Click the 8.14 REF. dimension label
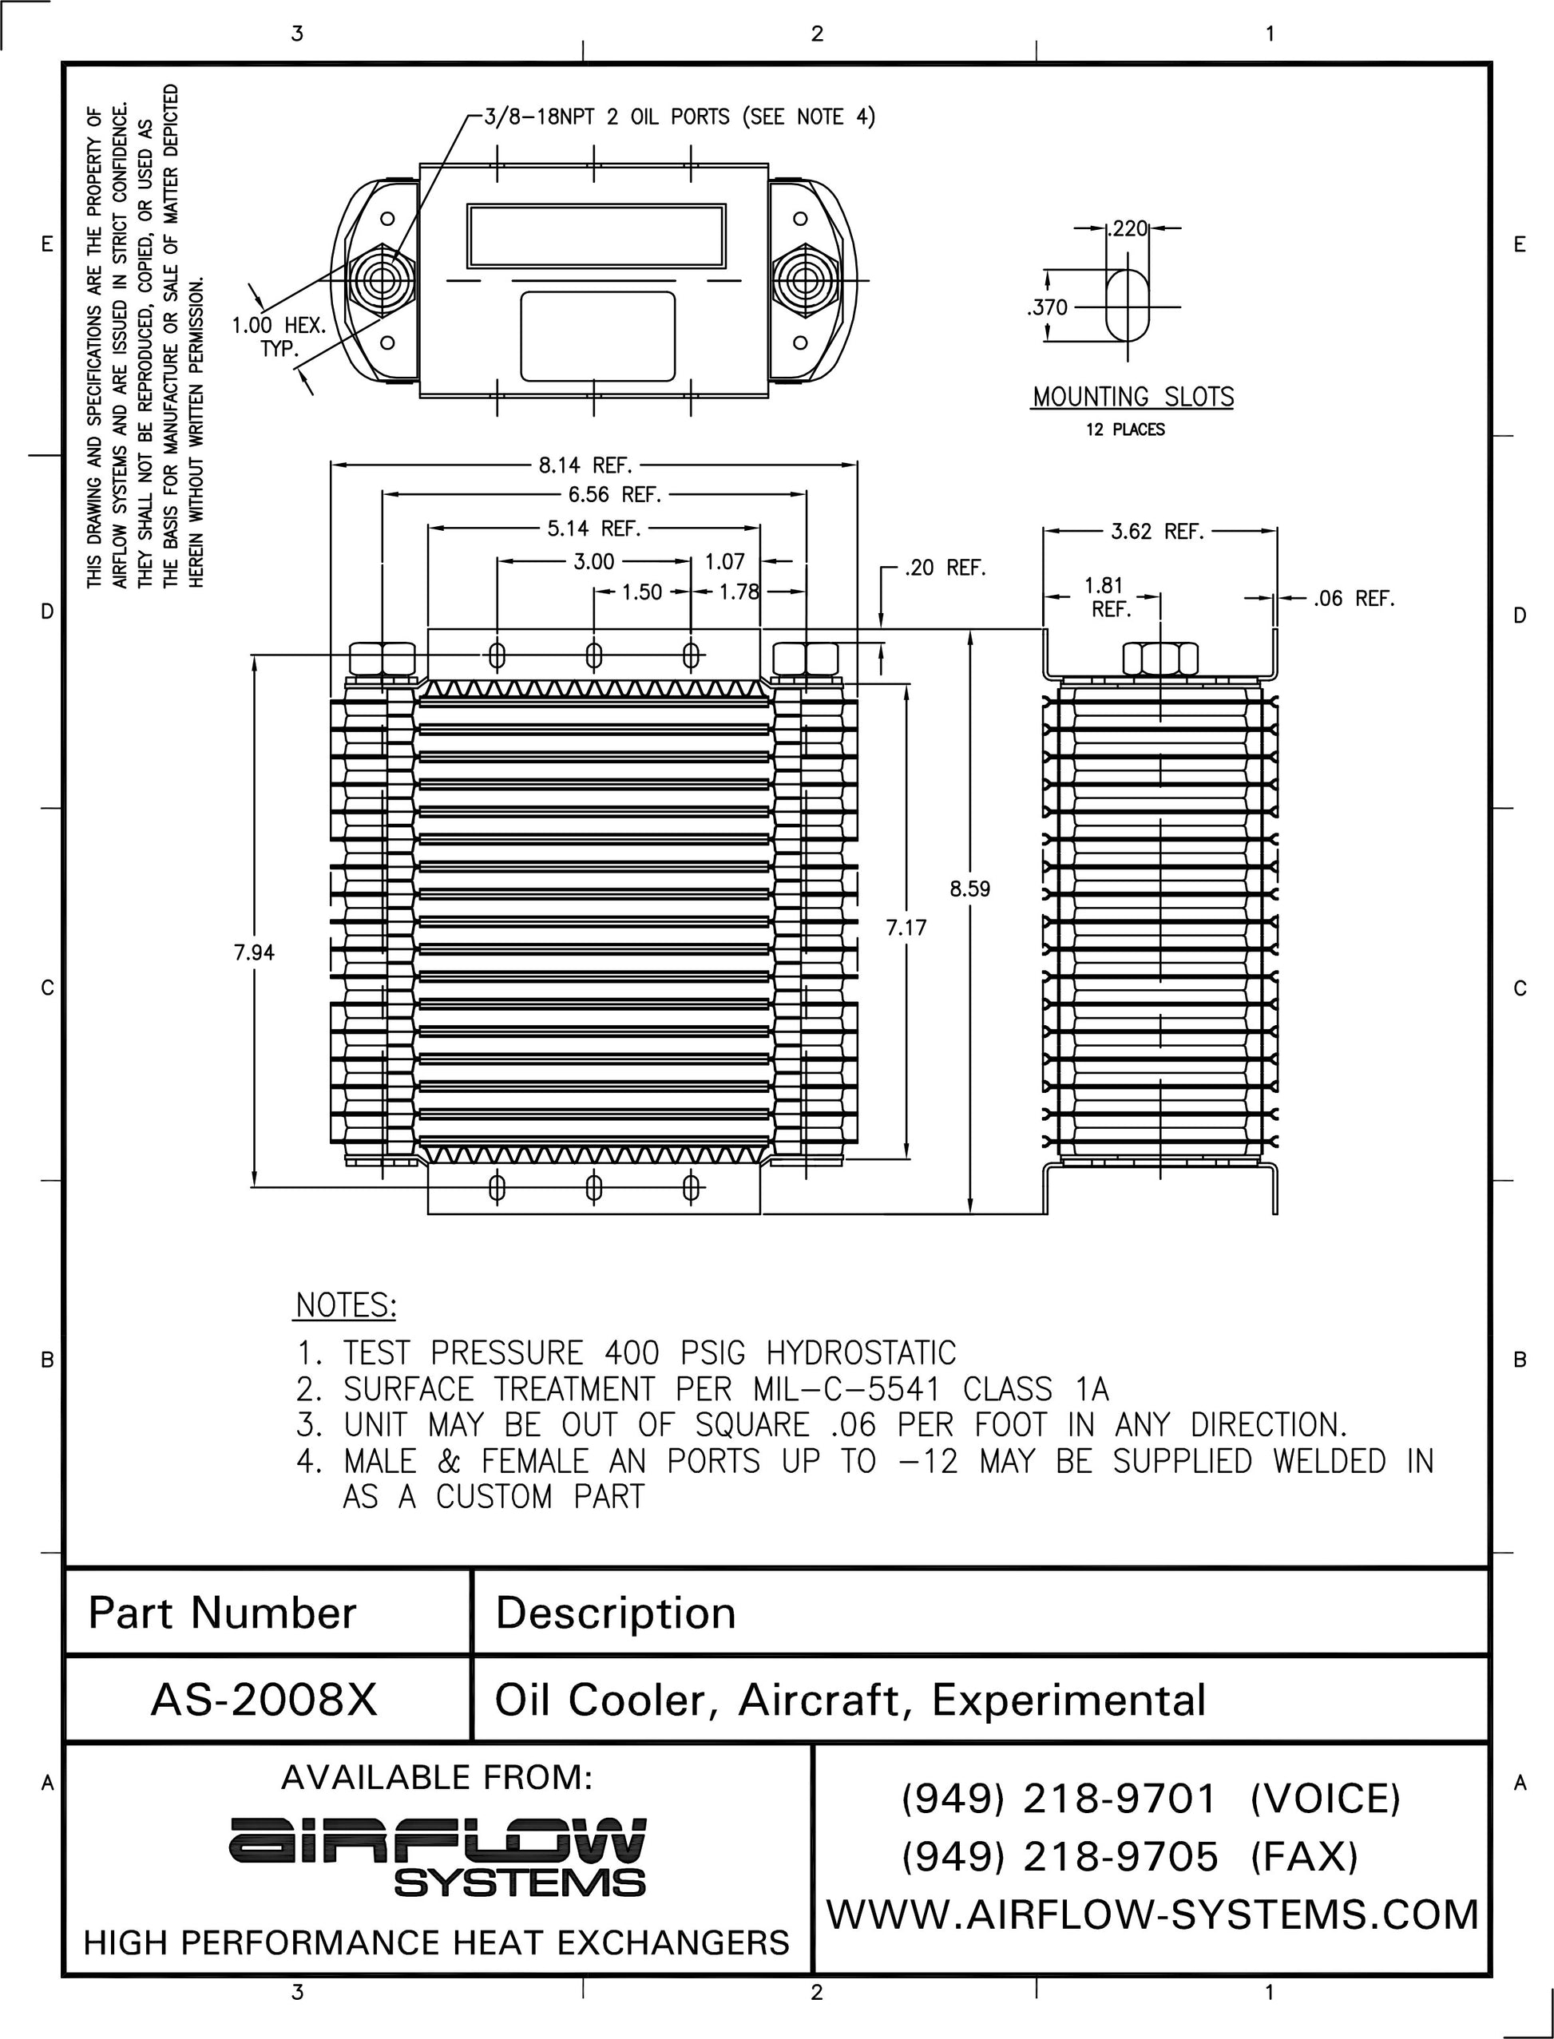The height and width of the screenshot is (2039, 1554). pyautogui.click(x=585, y=465)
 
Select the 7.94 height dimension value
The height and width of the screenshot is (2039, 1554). pyautogui.click(x=253, y=952)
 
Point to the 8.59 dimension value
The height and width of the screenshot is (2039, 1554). pyautogui.click(x=969, y=889)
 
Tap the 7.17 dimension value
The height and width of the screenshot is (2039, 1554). pyautogui.click(x=906, y=928)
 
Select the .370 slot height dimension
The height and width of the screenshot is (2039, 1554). pyautogui.click(x=1047, y=307)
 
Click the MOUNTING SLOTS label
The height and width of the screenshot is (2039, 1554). pyautogui.click(x=1132, y=398)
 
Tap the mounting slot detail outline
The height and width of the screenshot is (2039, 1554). pyautogui.click(x=1128, y=304)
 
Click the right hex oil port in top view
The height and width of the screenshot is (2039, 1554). pyautogui.click(x=803, y=280)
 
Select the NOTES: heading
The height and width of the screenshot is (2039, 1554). pyautogui.click(x=346, y=1305)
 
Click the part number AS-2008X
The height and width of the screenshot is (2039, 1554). pyautogui.click(x=264, y=1700)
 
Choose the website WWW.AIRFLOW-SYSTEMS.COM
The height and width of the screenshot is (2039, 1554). pyautogui.click(x=1152, y=1914)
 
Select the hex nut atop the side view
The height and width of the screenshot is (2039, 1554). pyautogui.click(x=1160, y=659)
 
